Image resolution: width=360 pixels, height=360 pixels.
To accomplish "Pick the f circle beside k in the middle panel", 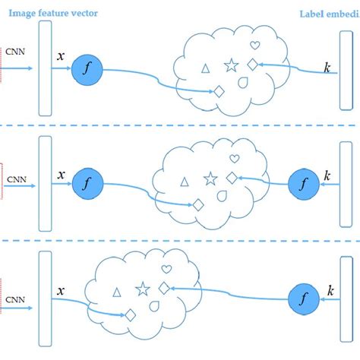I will point(302,184).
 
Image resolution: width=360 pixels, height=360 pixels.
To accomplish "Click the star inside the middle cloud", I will point(210,178).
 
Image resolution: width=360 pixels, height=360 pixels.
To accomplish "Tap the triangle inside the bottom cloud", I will point(117,292).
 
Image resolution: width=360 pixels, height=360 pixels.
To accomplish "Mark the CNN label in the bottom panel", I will point(14,299).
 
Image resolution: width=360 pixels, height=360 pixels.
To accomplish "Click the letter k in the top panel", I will point(327,69).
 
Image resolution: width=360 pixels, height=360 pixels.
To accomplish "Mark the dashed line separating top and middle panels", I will point(180,125).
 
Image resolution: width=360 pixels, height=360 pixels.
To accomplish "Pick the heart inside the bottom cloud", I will point(166,270).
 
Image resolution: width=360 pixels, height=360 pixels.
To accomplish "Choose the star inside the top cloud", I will point(229,66).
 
